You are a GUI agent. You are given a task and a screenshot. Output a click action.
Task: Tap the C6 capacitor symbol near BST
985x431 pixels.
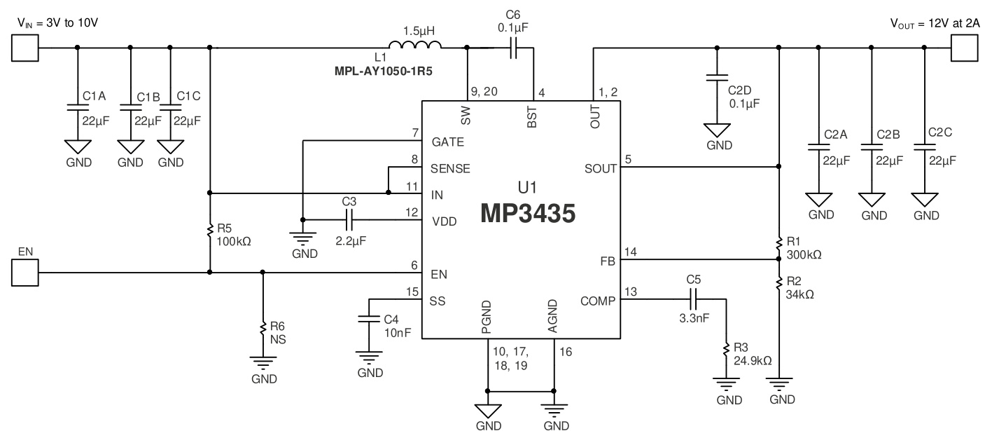pyautogui.click(x=513, y=48)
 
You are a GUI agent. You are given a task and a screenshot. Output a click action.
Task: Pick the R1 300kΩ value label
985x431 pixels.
pyautogui.click(x=804, y=254)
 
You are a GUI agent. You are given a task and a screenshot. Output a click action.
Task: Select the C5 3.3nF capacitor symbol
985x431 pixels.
pyautogui.click(x=693, y=301)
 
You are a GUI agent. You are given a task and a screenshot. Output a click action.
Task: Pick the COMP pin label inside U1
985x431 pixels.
pyautogui.click(x=597, y=301)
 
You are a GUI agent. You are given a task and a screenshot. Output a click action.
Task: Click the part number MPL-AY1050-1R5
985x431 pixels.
pyautogui.click(x=382, y=70)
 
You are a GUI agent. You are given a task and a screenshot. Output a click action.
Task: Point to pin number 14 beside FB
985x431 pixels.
pyautogui.click(x=629, y=250)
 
